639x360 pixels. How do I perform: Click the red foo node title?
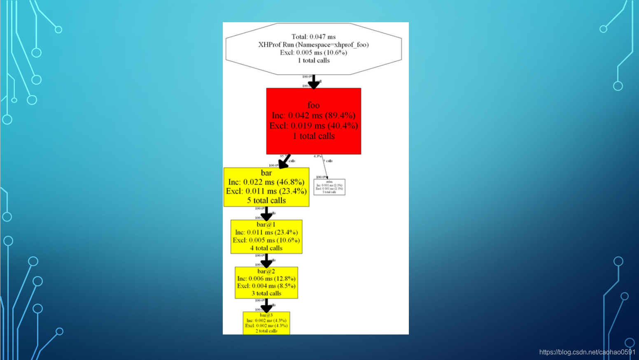pos(313,105)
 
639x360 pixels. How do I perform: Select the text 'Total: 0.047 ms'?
pos(313,37)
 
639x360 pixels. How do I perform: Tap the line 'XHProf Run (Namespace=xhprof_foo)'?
pos(313,44)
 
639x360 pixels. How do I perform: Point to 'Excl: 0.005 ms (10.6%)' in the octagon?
pos(313,52)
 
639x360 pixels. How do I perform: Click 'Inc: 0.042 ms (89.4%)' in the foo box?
pos(313,116)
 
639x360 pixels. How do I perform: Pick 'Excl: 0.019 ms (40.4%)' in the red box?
pos(313,126)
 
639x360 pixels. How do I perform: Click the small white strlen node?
pos(329,187)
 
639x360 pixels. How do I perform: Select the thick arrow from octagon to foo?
pos(314,81)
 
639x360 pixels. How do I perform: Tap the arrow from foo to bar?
pos(285,161)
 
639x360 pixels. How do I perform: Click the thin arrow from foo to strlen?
pos(324,166)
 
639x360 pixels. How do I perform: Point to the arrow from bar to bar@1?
pos(266,213)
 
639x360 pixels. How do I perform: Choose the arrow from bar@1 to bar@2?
pos(266,260)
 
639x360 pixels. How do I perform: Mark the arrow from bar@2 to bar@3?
pos(266,305)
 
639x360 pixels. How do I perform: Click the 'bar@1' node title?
pos(266,225)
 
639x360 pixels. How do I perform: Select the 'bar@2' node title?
pos(266,272)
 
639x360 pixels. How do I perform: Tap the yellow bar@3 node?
pos(266,323)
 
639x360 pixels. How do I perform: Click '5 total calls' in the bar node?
pos(266,200)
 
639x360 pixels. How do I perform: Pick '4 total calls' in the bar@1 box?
pos(266,248)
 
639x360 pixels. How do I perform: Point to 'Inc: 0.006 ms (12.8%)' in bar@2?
pos(266,279)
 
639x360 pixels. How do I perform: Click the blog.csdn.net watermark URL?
pos(587,352)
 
